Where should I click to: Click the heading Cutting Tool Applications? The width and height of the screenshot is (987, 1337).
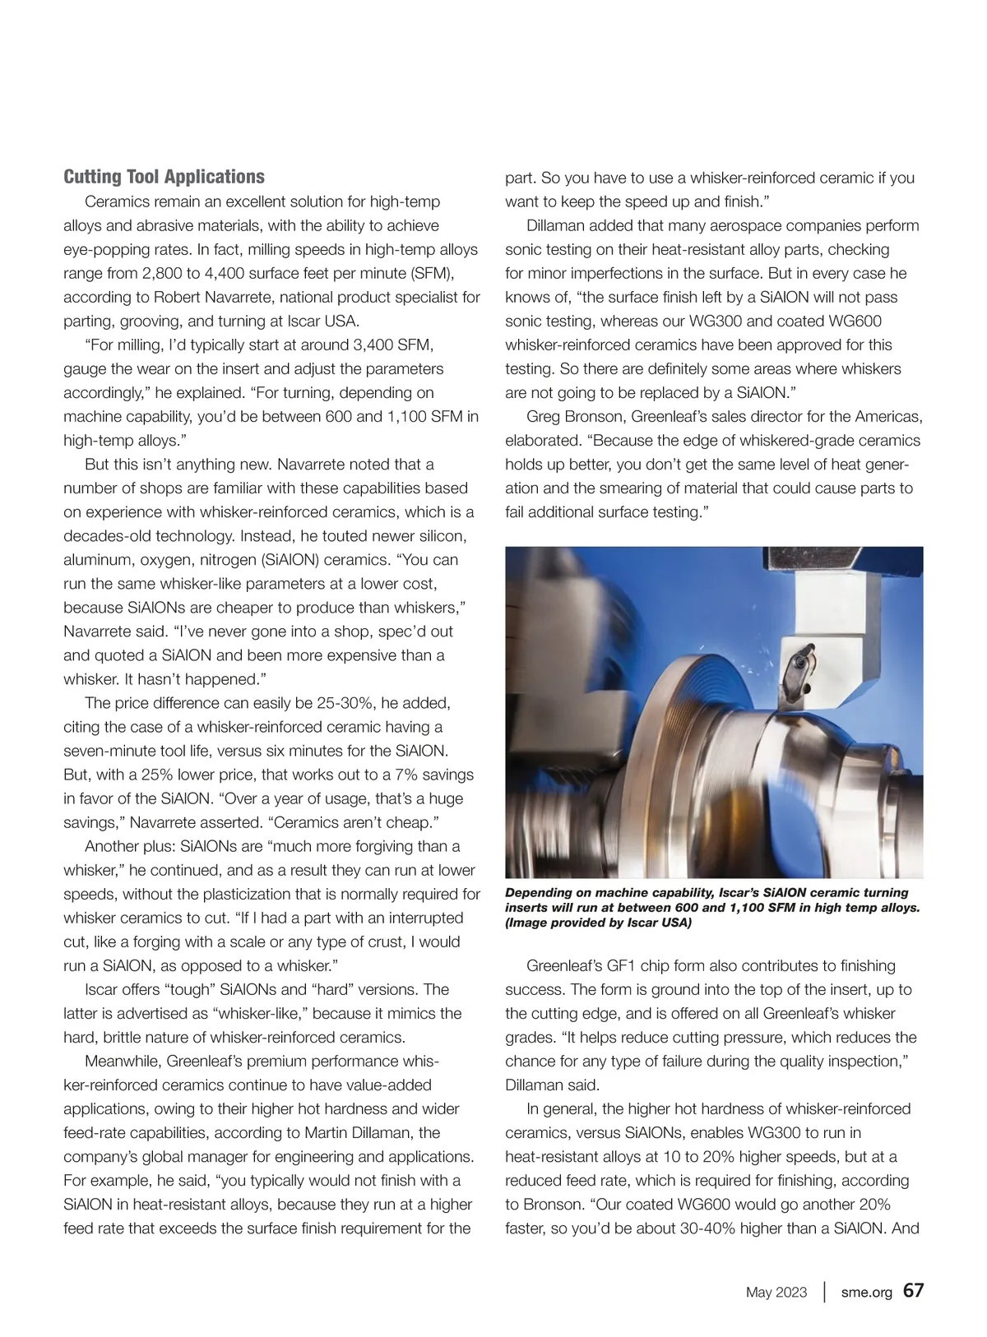pyautogui.click(x=164, y=177)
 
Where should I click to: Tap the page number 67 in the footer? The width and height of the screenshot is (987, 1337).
pyautogui.click(x=913, y=1290)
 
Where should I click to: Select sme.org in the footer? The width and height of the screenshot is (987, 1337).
pyautogui.click(x=866, y=1292)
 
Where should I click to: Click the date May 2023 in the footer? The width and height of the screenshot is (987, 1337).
pyautogui.click(x=776, y=1292)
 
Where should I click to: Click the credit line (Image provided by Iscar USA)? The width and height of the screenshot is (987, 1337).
pyautogui.click(x=598, y=923)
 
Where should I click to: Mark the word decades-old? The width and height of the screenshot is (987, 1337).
pyautogui.click(x=107, y=536)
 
